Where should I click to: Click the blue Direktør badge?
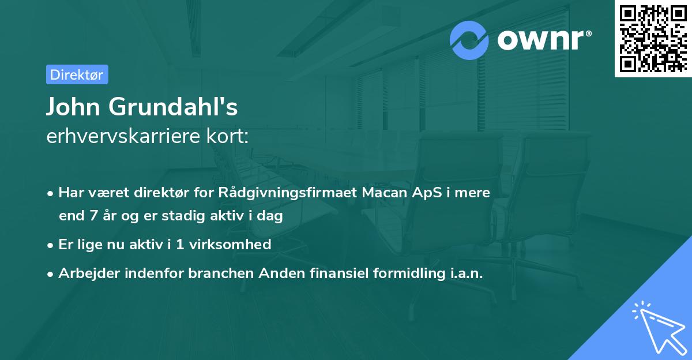point(77,74)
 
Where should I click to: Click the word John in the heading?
point(73,107)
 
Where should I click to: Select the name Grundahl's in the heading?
point(173,107)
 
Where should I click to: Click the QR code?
point(653,39)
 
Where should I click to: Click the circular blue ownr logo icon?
point(469,40)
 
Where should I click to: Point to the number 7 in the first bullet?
point(93,215)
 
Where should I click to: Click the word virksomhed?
point(230,244)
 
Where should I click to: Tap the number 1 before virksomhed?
point(180,245)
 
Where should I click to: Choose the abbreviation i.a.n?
point(467,273)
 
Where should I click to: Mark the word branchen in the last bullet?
point(221,273)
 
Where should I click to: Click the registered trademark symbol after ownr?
point(589,33)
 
